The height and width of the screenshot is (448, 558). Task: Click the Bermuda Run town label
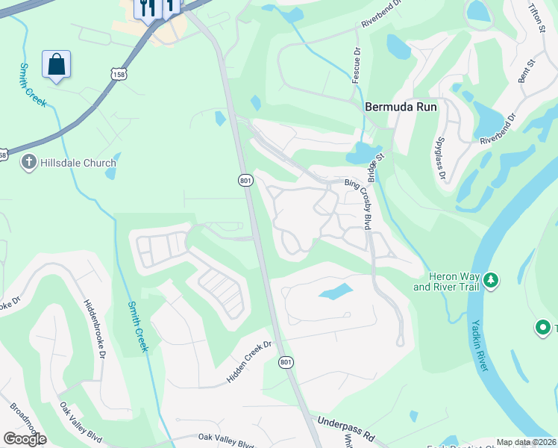[401, 107]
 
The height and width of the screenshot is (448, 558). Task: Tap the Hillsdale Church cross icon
[29, 163]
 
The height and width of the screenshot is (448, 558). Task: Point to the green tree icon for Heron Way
[490, 281]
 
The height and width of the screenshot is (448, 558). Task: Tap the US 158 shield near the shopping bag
[117, 73]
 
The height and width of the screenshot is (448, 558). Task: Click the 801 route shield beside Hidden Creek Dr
[285, 362]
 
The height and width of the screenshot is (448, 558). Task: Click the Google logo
[25, 439]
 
